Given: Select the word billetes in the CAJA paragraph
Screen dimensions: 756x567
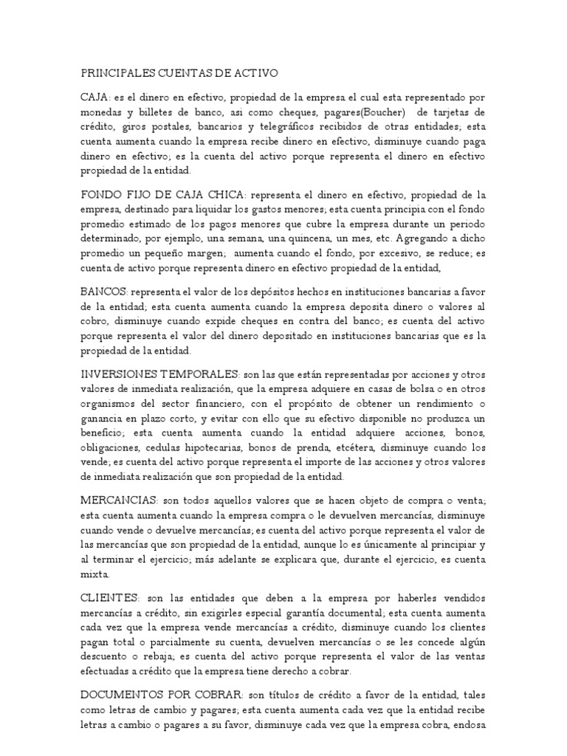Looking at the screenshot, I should (157, 112).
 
